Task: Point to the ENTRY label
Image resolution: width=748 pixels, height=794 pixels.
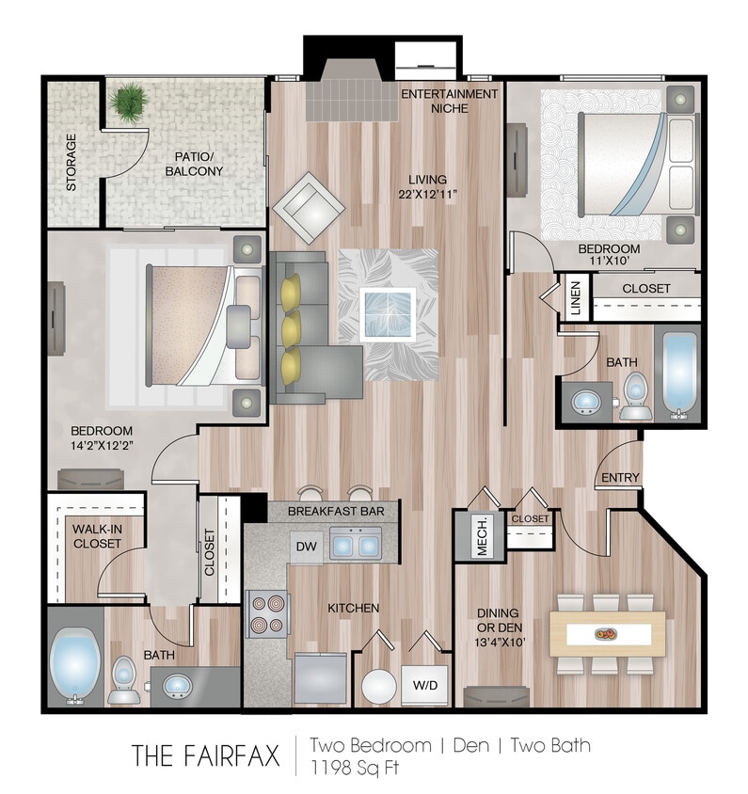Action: coord(620,478)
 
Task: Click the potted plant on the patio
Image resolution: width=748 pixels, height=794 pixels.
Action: coord(128,100)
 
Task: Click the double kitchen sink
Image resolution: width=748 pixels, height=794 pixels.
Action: coord(355,545)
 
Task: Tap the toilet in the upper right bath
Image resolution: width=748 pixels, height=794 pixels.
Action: coord(636,396)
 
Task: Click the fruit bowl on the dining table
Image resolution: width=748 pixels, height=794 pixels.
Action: coord(607,634)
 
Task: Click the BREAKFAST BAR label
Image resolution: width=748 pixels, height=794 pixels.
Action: coord(332,511)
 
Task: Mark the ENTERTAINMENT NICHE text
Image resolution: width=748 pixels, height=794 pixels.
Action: coord(449,101)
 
